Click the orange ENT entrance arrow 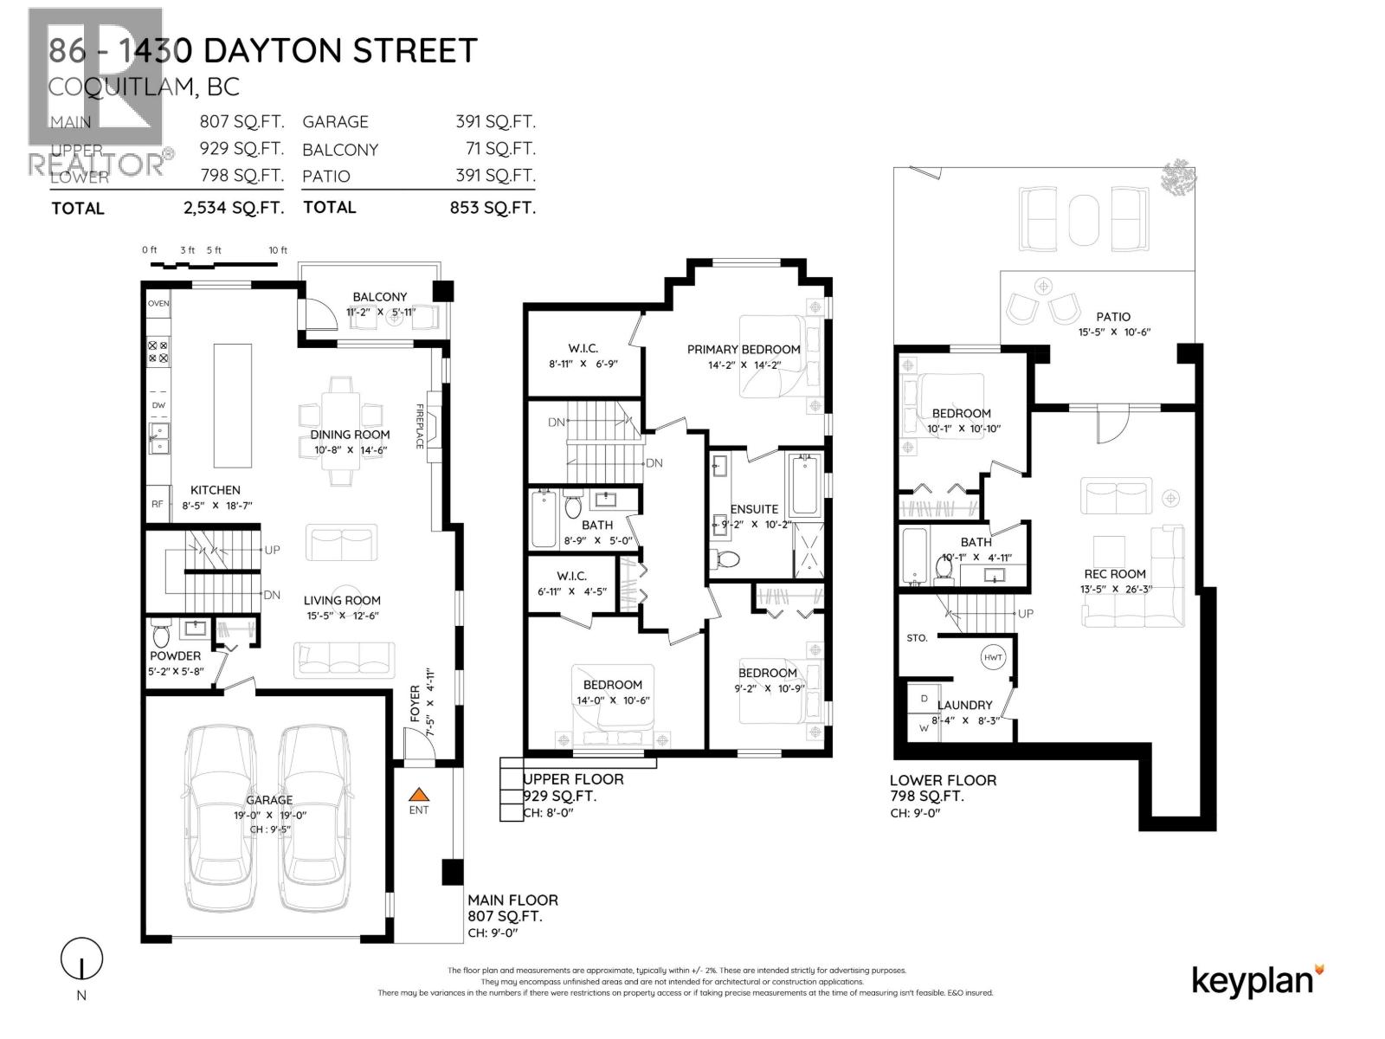click(418, 793)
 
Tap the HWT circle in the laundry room click(993, 658)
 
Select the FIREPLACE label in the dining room click(420, 426)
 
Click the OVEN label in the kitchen click(158, 304)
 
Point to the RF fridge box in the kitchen click(158, 504)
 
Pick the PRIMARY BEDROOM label click(744, 349)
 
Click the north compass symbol click(81, 959)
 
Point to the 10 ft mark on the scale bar click(278, 250)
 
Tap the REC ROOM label click(1115, 573)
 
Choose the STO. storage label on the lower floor click(917, 638)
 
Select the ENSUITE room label click(754, 509)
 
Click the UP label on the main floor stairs click(272, 550)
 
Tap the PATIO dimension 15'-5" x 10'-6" click(1114, 332)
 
